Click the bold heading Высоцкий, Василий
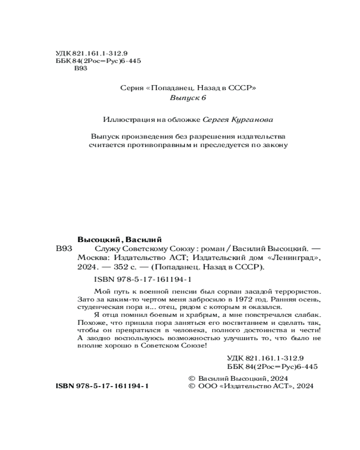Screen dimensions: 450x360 point(119,239)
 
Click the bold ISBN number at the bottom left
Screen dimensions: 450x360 point(102,386)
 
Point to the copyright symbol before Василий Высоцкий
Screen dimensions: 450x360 point(191,378)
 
